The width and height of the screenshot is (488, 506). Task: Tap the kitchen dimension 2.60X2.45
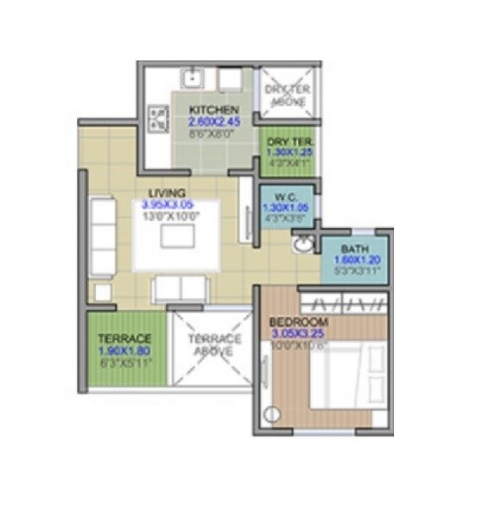coord(208,123)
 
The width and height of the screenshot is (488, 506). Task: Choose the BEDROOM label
coord(299,322)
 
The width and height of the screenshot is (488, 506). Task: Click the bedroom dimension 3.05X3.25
coord(299,334)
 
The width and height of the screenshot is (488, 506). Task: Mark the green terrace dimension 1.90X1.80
coord(125,350)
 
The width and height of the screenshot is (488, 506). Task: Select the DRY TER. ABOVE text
coord(287,92)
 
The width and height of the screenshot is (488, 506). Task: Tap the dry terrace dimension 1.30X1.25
coord(287,153)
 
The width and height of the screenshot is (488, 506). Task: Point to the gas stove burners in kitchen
coord(156,120)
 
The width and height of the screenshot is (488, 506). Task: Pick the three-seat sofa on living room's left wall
coord(102,235)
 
